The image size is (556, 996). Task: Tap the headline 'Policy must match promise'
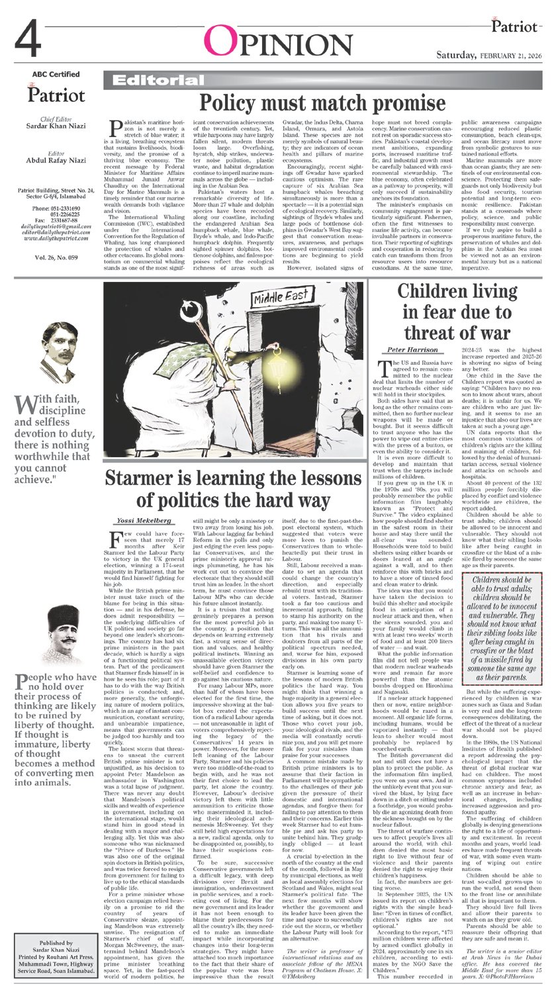pyautogui.click(x=322, y=103)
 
